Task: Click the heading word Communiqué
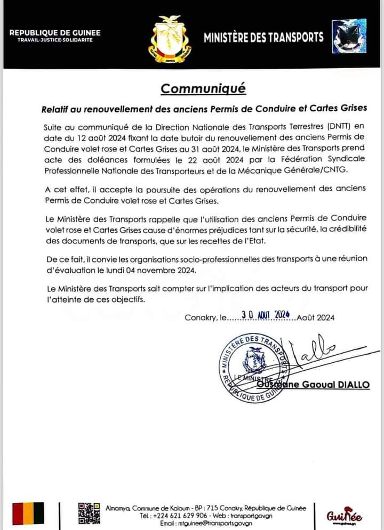pos(204,88)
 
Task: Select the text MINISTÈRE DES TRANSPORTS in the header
pos(263,37)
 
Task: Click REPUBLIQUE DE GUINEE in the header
pos(55,32)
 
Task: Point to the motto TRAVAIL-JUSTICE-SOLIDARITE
pos(55,40)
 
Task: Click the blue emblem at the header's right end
pos(349,36)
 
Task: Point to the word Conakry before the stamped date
pos(201,318)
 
